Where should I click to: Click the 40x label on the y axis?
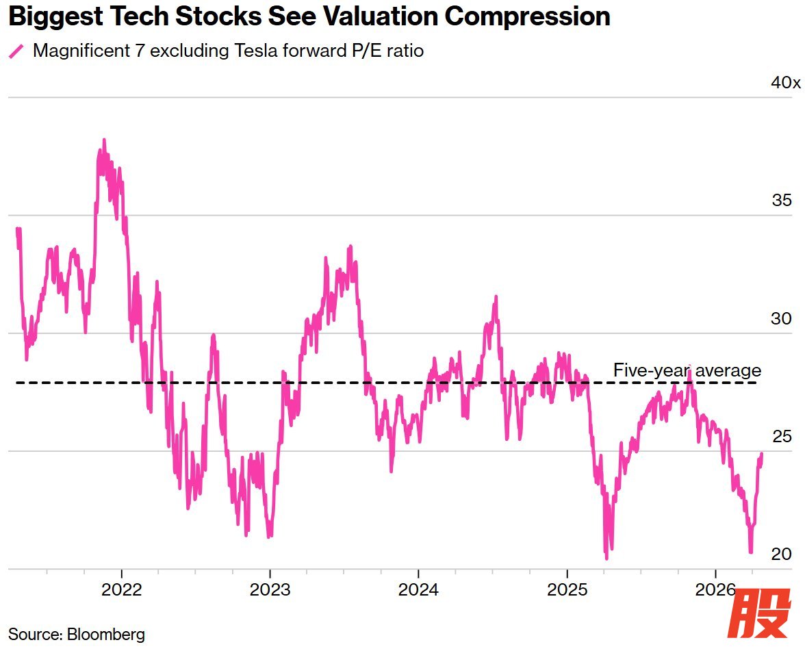(785, 83)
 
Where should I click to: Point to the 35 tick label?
(782, 201)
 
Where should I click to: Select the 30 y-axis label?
(782, 318)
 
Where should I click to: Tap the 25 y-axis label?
(782, 436)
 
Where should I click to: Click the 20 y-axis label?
(782, 554)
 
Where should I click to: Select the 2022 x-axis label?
(122, 589)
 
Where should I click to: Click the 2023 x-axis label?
(270, 589)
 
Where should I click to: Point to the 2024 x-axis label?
(418, 589)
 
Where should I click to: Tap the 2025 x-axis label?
(567, 589)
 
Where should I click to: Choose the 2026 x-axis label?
(715, 589)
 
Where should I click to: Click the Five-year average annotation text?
(687, 370)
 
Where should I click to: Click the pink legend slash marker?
(16, 51)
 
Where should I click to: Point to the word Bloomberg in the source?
(105, 634)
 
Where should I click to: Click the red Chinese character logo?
(758, 614)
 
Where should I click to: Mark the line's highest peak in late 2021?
(104, 140)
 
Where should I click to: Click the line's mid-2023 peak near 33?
(350, 246)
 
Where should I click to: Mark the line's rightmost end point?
(761, 454)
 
